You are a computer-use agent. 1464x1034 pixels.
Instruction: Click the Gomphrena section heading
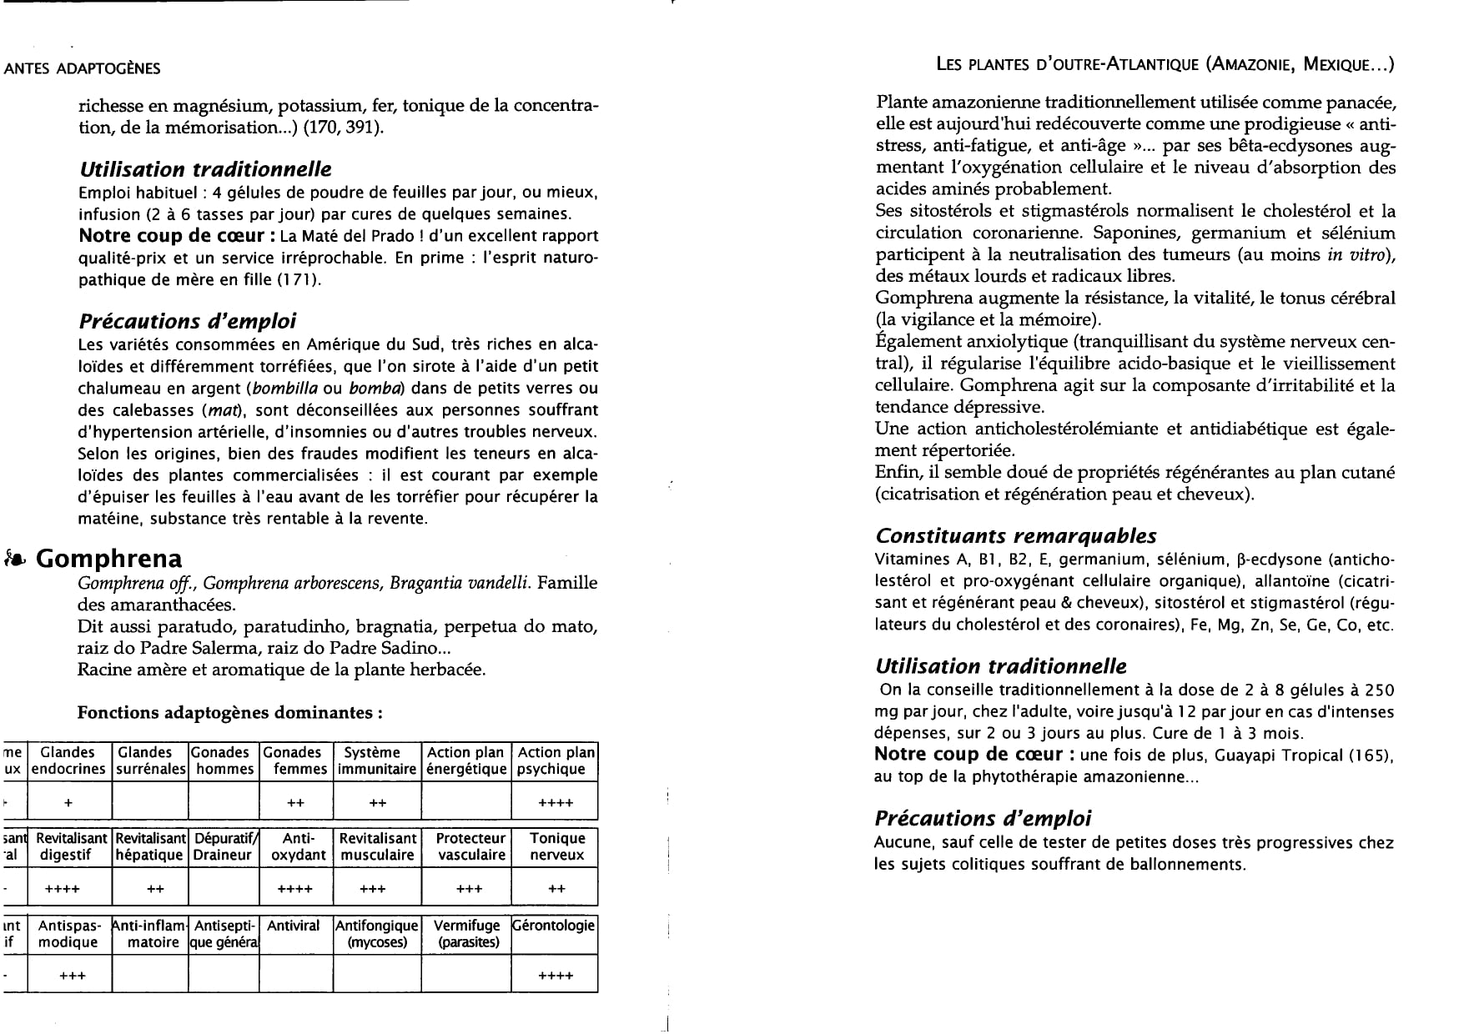pos(109,559)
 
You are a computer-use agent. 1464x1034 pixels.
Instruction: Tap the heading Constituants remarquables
pos(1015,536)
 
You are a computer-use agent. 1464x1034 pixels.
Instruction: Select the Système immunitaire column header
pos(377,760)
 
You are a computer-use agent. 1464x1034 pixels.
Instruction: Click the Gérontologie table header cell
pos(554,926)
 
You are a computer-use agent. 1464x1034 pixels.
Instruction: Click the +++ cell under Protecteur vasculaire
pos(470,889)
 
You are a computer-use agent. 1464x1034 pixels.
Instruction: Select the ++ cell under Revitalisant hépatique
pos(155,889)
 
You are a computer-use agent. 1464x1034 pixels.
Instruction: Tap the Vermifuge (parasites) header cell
pos(468,934)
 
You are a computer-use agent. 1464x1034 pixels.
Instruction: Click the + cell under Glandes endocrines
pos(68,803)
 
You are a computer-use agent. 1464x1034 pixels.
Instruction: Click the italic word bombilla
pos(284,389)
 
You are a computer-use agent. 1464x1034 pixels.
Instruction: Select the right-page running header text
pos(1165,64)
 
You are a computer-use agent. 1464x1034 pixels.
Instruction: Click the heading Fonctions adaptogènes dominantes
pos(230,713)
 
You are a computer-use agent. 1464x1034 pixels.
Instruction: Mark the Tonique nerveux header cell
pos(556,846)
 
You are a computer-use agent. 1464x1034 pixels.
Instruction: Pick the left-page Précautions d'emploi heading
pos(187,321)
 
